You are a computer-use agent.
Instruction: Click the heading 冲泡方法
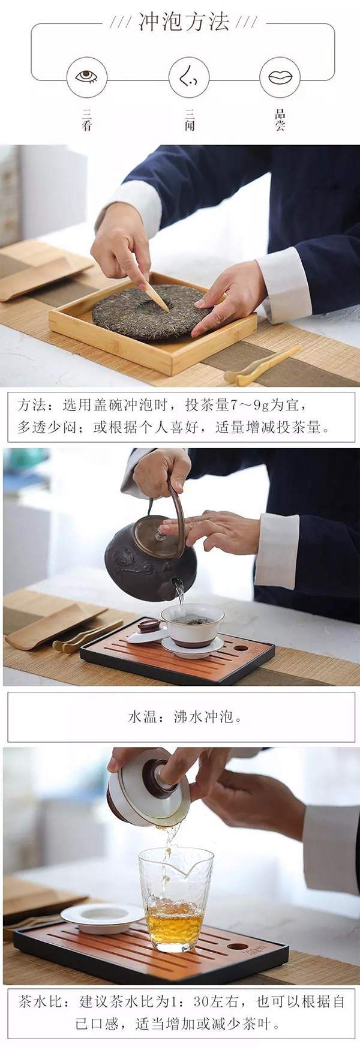(x=184, y=23)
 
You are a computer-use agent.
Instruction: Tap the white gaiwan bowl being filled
(x=192, y=624)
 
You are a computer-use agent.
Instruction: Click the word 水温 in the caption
(x=142, y=716)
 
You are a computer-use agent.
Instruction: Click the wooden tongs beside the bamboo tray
(x=261, y=366)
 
